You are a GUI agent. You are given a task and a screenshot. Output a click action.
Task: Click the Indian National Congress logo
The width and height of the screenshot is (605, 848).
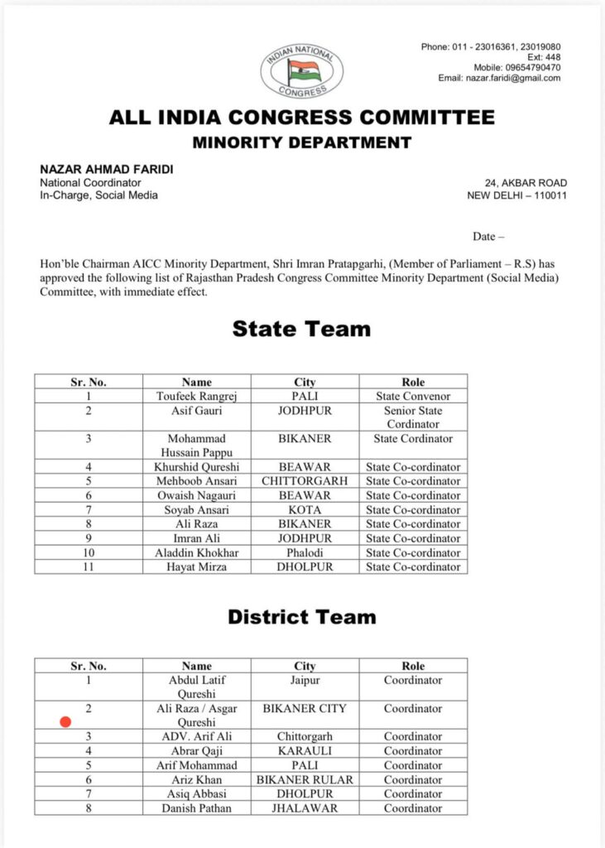[x=301, y=72]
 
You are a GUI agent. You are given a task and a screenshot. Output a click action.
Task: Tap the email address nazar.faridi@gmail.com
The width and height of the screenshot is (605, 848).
[x=511, y=78]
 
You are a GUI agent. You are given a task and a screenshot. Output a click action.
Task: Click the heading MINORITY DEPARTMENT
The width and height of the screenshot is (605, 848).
[x=302, y=142]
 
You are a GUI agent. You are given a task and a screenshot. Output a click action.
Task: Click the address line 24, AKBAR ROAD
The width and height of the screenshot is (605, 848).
[x=526, y=183]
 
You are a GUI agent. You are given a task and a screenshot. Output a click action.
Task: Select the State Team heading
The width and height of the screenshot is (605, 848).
[x=301, y=329]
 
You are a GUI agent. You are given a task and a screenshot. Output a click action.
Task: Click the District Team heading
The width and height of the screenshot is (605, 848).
[x=301, y=617]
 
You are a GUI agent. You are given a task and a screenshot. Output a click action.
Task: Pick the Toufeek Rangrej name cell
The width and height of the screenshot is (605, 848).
[x=197, y=397]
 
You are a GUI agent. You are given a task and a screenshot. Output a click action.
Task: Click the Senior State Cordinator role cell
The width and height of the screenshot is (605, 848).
[x=413, y=417]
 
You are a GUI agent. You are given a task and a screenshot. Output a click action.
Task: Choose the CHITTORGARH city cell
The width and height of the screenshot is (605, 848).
[x=305, y=480]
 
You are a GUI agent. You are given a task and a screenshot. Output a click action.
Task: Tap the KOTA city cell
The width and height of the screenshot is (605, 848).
[x=305, y=509]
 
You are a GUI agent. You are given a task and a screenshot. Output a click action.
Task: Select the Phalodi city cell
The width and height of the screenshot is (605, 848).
[x=305, y=552]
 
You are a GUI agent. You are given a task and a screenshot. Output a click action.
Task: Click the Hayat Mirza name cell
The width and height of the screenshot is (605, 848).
[x=197, y=567]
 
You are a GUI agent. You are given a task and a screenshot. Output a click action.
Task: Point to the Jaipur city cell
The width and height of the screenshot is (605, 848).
[x=305, y=680]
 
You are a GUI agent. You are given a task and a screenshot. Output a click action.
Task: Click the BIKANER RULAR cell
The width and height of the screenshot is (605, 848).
[x=305, y=779]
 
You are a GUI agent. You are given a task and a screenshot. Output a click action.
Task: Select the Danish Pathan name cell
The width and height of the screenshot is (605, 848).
[x=197, y=808]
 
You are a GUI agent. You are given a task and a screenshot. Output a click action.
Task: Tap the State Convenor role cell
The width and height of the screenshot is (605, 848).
[x=413, y=397]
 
